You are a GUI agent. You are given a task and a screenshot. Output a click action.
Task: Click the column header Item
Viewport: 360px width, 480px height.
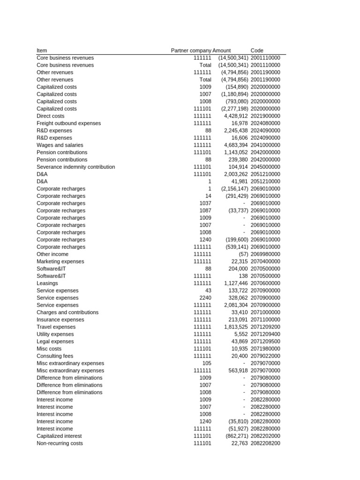[42, 51]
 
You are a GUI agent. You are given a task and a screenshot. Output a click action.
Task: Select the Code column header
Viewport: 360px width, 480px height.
[257, 51]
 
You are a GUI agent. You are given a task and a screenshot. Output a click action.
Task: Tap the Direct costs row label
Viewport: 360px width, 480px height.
[51, 116]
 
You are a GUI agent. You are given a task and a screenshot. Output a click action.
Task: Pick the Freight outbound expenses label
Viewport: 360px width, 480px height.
[68, 123]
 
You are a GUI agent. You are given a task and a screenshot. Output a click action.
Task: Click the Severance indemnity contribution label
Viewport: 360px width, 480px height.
[75, 167]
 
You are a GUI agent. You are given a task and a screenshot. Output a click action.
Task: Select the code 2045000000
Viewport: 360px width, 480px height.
[265, 167]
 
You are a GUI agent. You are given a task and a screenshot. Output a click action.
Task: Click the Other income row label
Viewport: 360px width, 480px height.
[52, 254]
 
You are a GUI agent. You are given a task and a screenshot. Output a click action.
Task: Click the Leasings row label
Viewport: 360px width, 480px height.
[47, 283]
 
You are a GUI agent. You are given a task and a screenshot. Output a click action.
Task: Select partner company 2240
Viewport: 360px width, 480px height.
[205, 298]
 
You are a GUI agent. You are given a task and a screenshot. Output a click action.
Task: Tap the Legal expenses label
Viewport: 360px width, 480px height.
[55, 341]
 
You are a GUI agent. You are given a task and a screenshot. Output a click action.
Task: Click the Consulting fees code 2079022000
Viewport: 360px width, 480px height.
[265, 356]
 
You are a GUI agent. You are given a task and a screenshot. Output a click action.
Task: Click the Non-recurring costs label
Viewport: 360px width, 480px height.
[60, 443]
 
